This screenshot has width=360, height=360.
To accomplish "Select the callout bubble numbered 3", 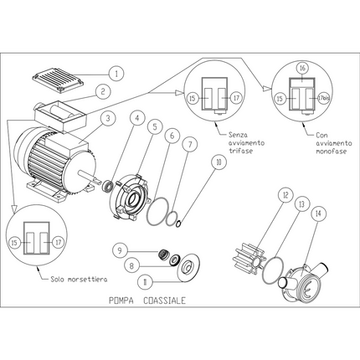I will pyautogui.click(x=109, y=118).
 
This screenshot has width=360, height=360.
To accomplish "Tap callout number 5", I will pyautogui.click(x=155, y=126).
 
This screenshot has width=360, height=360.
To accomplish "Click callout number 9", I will pyautogui.click(x=121, y=249).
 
